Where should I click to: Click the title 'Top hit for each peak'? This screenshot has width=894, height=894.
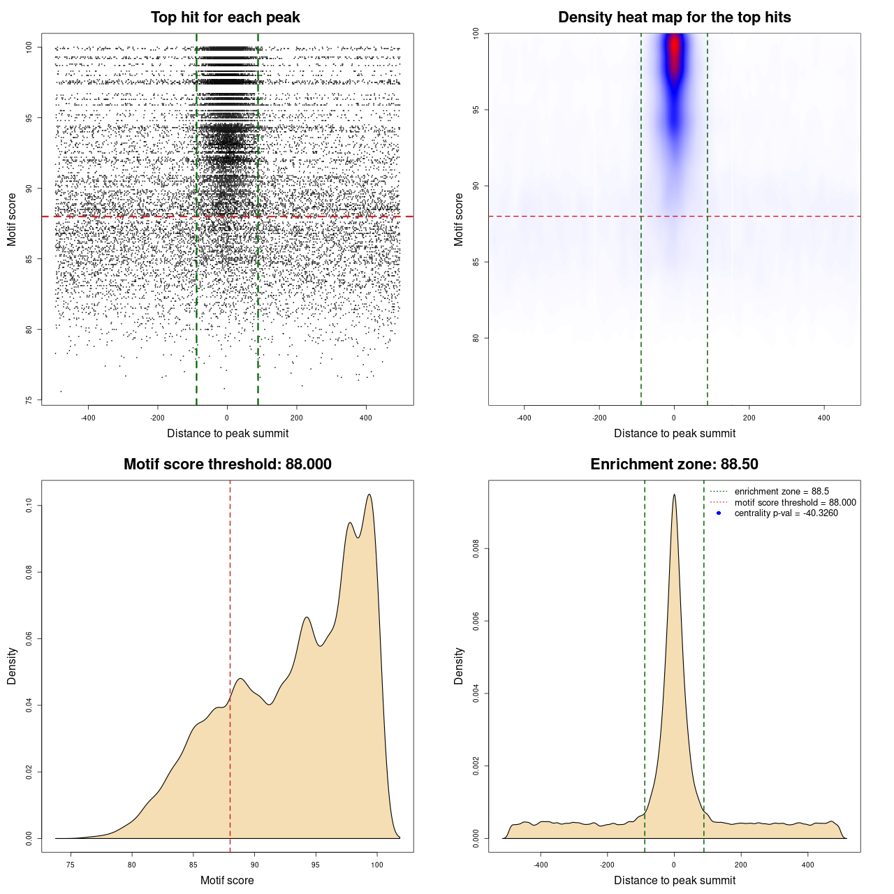coord(225,17)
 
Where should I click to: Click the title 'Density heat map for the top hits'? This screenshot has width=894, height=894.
coord(674,17)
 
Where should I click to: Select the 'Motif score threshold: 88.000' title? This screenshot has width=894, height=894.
coord(227,464)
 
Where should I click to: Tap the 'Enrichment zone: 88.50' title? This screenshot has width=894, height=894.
coord(674,464)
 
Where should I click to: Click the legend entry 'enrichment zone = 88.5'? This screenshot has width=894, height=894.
coord(782,492)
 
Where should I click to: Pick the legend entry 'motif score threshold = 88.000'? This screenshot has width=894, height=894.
coord(795,503)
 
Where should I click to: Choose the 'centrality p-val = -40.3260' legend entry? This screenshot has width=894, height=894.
coord(786,513)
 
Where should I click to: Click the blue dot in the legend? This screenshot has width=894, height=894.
coord(719,513)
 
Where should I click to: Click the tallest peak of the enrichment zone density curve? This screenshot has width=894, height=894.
coord(674,495)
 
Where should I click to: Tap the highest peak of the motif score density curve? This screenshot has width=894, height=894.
coord(369,495)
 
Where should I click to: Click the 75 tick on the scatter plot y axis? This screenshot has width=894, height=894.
coord(29,400)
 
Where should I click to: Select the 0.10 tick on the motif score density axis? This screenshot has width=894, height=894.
coord(29,506)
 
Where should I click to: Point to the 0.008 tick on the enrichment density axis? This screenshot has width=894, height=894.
coord(476,549)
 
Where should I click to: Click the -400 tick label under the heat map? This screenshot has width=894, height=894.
coord(524,418)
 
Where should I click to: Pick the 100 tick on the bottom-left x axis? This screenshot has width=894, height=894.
coord(377,865)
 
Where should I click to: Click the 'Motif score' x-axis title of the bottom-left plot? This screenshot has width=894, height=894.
coord(227,880)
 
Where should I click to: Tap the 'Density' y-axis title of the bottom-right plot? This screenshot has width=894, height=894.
coord(459,666)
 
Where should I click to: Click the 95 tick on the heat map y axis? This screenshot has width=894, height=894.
coord(476,110)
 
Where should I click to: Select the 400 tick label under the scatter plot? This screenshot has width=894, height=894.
coord(366,418)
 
